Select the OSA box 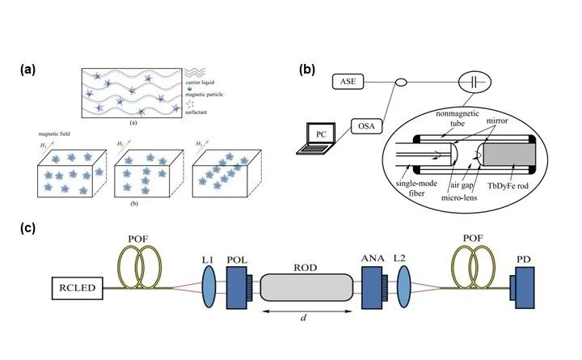(x=366, y=126)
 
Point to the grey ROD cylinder (x=310, y=287)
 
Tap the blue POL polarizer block (x=238, y=287)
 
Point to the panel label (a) (x=27, y=70)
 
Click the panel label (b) (x=307, y=70)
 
